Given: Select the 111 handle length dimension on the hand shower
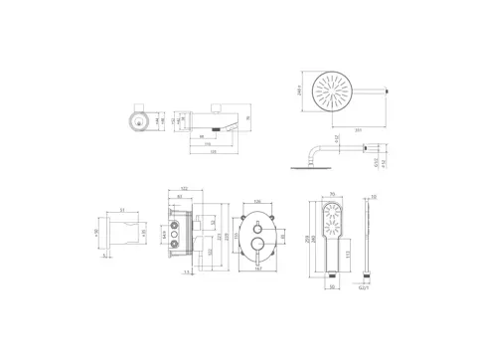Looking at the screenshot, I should pos(347,256).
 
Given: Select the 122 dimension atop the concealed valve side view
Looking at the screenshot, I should pos(185,189).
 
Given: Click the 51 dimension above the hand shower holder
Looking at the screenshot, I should pos(122,209).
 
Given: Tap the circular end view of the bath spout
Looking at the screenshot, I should pos(136,120).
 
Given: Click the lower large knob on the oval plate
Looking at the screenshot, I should pos(257,242).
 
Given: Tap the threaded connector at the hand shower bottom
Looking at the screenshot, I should pos(332,275).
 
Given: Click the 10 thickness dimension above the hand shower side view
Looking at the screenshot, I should pos(372,196).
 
